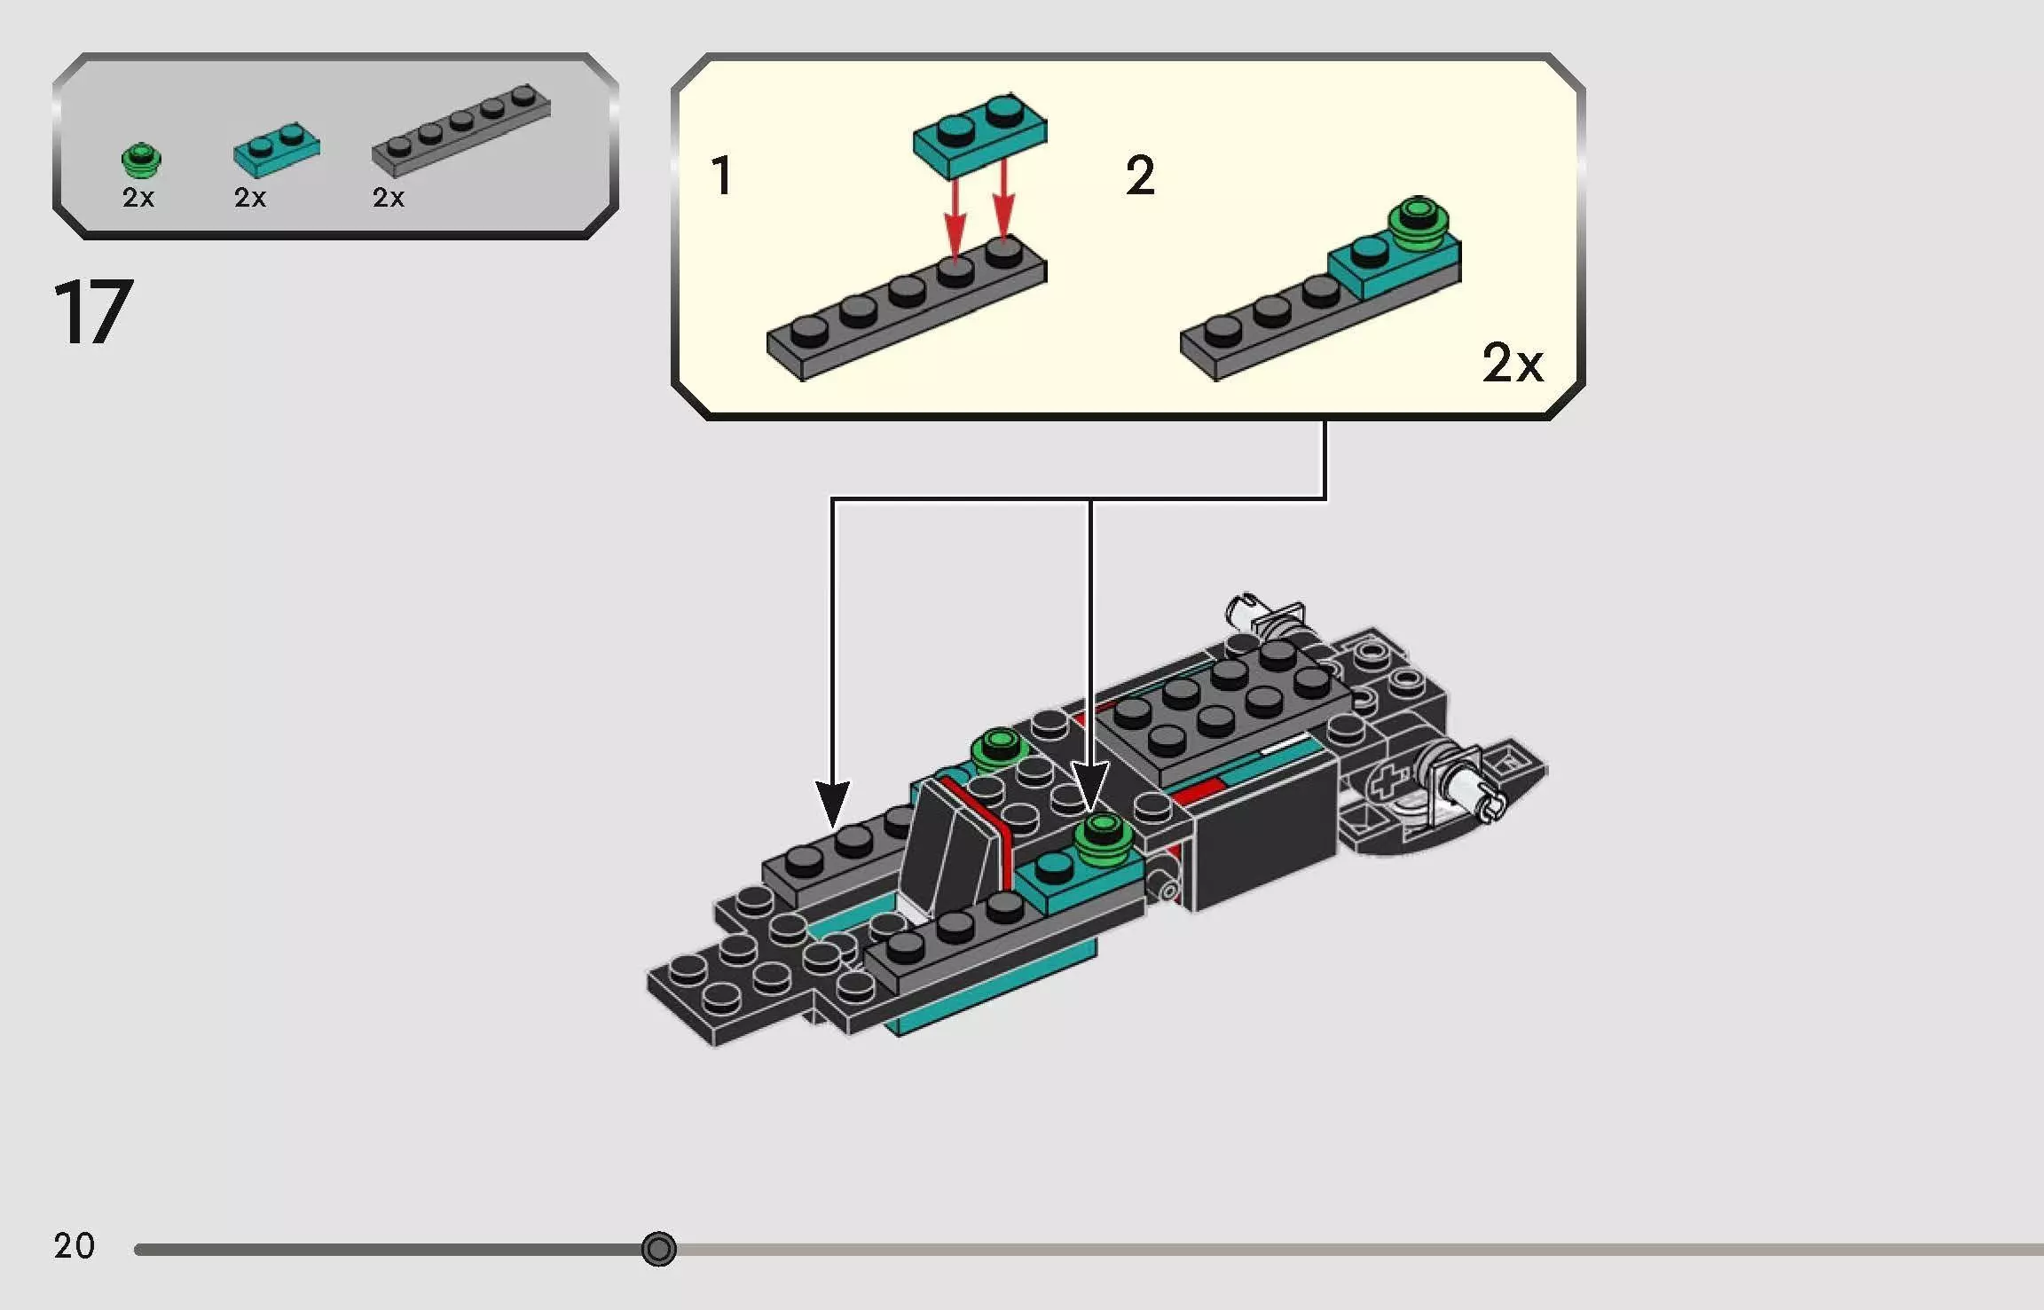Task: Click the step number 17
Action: point(93,312)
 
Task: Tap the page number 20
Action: point(74,1246)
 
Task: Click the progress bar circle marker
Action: point(658,1249)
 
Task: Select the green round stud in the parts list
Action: point(140,161)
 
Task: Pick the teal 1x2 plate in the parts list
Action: point(276,150)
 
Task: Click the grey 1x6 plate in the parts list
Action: point(461,130)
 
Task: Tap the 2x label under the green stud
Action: point(138,198)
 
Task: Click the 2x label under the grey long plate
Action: point(389,198)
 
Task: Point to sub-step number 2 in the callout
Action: point(1140,176)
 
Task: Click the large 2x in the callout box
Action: point(1513,362)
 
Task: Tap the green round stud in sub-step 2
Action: point(1419,220)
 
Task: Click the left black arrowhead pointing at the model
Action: point(832,803)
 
